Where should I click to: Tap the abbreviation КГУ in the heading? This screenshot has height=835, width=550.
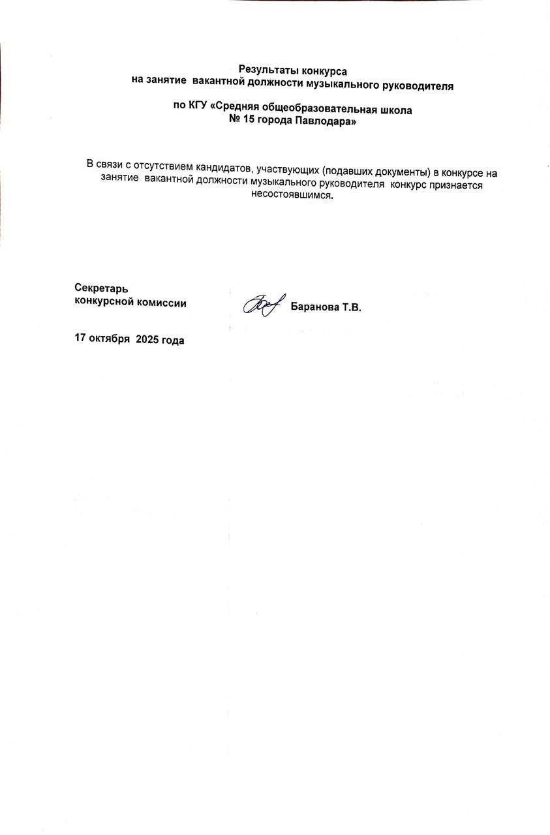pyautogui.click(x=198, y=110)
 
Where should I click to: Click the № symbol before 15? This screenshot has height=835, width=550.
pyautogui.click(x=235, y=121)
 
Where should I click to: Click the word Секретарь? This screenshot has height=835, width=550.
pyautogui.click(x=101, y=288)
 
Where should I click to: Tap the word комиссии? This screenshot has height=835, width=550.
pyautogui.click(x=160, y=302)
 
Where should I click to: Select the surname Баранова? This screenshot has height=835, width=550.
pyautogui.click(x=315, y=307)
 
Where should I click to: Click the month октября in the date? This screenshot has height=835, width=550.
pyautogui.click(x=110, y=340)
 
